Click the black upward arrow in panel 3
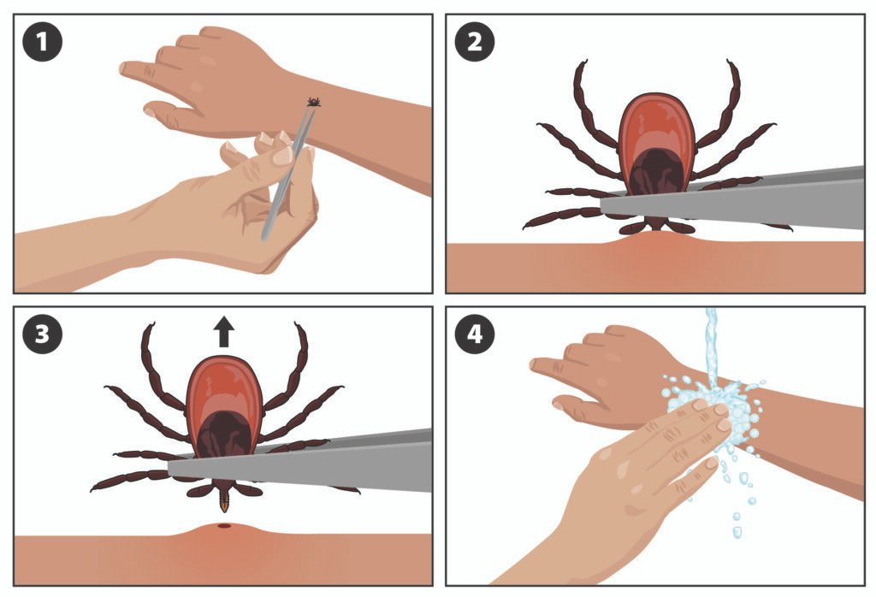click(224, 331)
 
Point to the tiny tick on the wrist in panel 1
click(314, 103)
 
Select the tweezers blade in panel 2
click(753, 201)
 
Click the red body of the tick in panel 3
click(224, 385)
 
